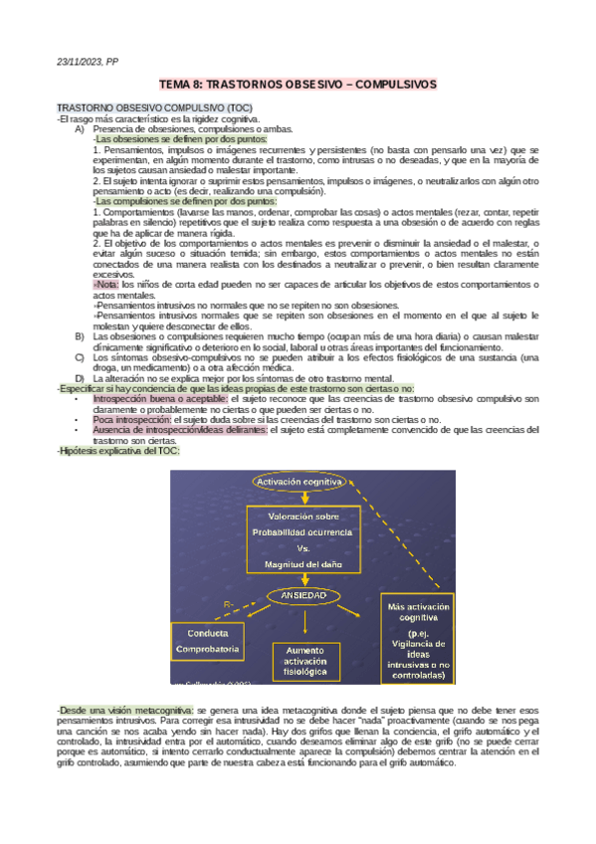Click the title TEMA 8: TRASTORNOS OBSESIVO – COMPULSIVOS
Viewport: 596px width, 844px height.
coord(298,87)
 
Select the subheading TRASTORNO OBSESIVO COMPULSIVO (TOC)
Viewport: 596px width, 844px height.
coord(154,107)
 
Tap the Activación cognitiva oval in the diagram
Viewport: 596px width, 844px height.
coord(301,482)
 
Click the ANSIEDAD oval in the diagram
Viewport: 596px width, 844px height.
coord(303,594)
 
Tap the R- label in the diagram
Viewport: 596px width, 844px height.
coord(229,604)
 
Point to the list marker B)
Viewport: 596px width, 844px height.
coord(80,336)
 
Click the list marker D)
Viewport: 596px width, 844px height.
coord(80,378)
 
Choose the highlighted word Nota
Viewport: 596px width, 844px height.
coord(106,284)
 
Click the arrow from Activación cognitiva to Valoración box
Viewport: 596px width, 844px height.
coord(303,499)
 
